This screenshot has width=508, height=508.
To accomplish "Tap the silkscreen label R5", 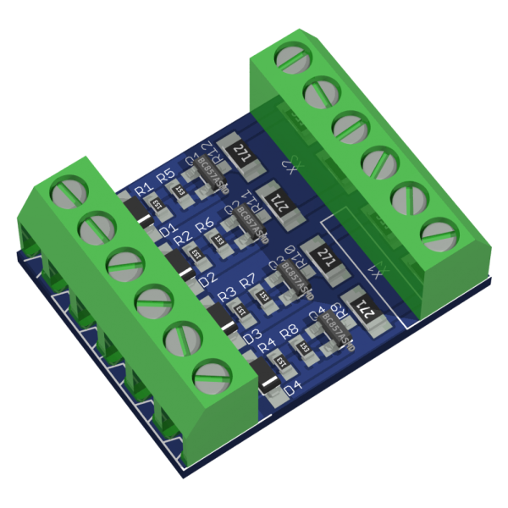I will [166, 176].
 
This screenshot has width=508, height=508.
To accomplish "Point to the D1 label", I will [167, 229].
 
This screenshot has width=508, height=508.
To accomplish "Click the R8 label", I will [289, 331].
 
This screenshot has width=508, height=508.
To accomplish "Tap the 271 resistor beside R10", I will [324, 254].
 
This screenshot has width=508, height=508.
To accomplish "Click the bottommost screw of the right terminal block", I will [433, 231].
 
